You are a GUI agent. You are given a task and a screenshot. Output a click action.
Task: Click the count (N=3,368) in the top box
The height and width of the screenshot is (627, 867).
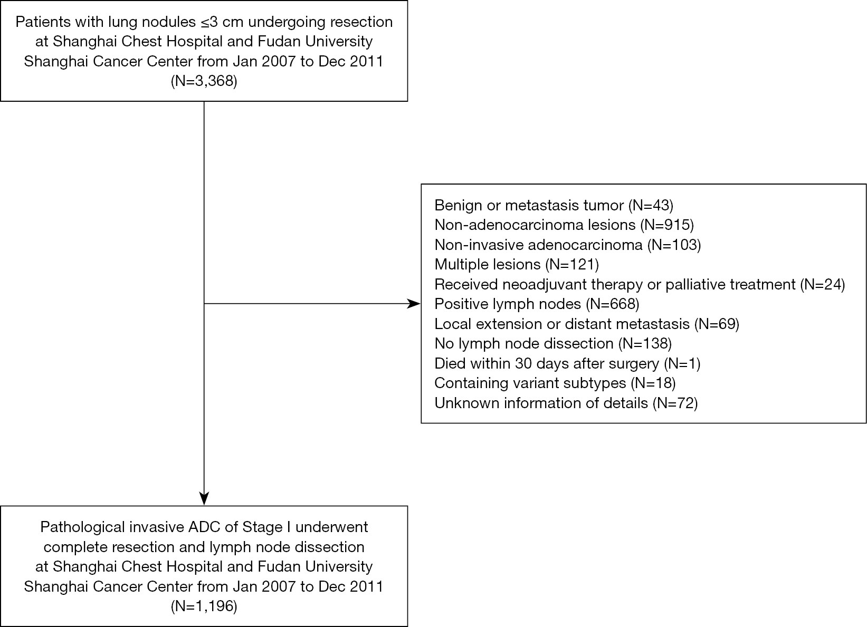[204, 81]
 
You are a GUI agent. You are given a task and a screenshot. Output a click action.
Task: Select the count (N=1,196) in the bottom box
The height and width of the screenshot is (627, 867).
[204, 606]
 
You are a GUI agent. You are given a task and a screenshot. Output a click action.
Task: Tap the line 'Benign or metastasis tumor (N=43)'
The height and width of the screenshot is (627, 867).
[554, 205]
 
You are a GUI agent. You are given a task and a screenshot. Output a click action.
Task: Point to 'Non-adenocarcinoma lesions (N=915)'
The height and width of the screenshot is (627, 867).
[564, 225]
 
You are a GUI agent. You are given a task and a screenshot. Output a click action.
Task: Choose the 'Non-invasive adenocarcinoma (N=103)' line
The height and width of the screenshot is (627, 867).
[568, 245]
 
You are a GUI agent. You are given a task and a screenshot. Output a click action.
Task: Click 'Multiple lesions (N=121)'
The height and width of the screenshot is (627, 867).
[517, 265]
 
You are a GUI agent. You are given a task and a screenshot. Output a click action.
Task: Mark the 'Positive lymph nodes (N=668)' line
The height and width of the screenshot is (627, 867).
[537, 304]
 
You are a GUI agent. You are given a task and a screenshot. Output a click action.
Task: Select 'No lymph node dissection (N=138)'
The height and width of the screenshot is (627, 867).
[553, 343]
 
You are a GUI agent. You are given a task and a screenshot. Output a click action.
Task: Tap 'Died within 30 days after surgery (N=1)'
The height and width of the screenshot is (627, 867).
[567, 363]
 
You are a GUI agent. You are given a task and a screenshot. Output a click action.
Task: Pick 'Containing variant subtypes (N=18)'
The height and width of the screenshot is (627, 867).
[555, 383]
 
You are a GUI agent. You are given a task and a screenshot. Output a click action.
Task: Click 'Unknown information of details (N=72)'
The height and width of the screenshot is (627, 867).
[566, 403]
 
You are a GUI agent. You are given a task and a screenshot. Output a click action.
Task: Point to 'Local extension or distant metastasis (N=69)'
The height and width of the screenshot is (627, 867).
[587, 324]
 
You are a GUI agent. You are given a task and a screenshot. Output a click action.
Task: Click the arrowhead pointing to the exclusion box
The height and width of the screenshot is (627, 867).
[414, 304]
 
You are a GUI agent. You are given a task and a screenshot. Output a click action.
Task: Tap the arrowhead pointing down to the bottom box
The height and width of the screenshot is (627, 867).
[204, 499]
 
